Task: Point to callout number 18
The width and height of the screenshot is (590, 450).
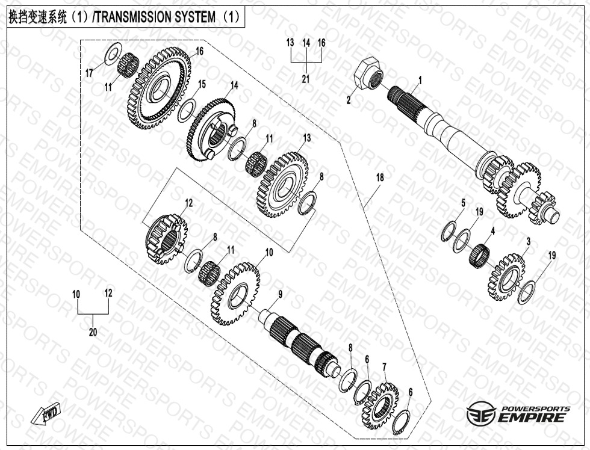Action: [380, 178]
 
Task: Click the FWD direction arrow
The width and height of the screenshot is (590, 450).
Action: [43, 415]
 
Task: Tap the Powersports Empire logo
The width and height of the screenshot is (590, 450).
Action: [518, 414]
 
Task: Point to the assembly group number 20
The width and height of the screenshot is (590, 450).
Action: [93, 331]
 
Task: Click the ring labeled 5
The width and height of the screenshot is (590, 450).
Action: [448, 230]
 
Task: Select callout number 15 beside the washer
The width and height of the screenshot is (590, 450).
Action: [202, 84]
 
